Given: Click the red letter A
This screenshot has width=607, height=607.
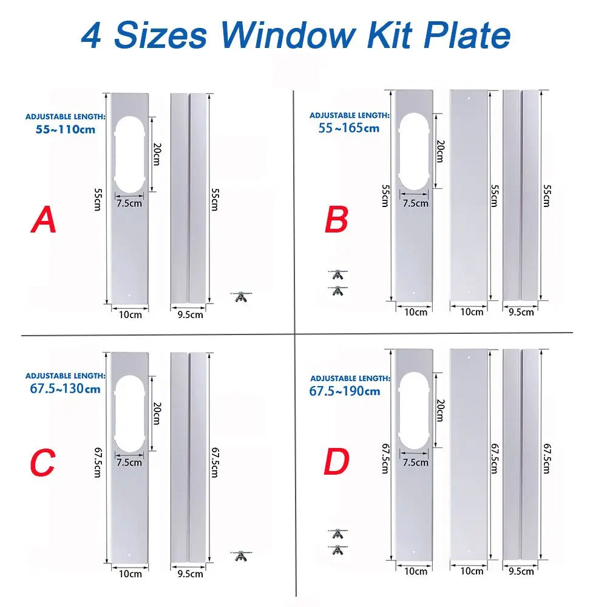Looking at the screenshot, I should click(43, 220).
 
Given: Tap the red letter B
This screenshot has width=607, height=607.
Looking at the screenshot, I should click(336, 220).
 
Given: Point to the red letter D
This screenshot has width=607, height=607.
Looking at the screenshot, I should click(336, 463).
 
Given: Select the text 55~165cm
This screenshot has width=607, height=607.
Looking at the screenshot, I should click(349, 127).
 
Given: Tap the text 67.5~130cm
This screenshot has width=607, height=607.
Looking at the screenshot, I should click(65, 388).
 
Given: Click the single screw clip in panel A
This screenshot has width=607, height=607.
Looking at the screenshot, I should click(241, 296).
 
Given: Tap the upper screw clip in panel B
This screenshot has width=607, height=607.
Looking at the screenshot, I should click(337, 275).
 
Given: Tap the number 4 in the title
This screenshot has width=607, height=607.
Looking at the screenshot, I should click(92, 35).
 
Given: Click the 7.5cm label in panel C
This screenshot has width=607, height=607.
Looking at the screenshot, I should click(129, 463).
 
